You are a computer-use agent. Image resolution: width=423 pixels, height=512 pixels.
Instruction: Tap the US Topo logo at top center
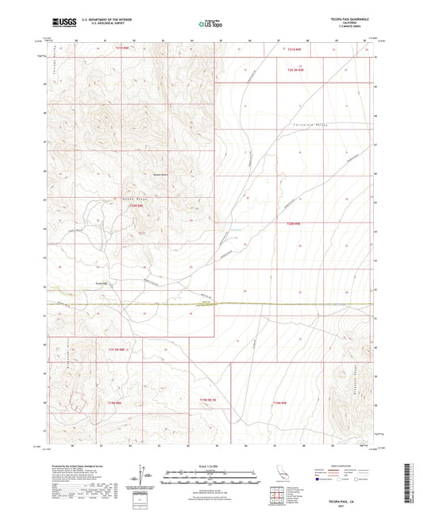click(x=210, y=25)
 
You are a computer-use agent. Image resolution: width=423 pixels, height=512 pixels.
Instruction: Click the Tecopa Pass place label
click(x=102, y=280)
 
